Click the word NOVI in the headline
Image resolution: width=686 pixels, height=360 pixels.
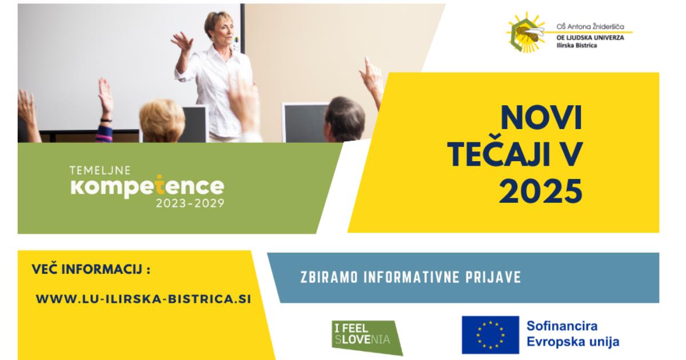(x=541, y=118)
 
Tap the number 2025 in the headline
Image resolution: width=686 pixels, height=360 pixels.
(x=541, y=191)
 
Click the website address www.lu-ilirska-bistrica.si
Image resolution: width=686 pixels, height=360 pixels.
(x=143, y=299)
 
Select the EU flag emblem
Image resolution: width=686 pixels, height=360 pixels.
(x=490, y=335)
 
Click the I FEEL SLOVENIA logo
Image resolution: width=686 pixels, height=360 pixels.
(x=367, y=337)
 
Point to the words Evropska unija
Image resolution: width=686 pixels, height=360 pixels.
(x=573, y=342)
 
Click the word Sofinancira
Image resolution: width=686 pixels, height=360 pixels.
(x=562, y=326)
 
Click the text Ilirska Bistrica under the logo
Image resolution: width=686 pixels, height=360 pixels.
(x=577, y=46)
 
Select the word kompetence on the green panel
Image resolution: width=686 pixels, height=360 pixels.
(x=147, y=186)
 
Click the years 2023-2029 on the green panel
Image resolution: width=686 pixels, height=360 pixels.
(x=190, y=203)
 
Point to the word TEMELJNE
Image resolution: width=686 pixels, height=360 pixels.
(x=100, y=170)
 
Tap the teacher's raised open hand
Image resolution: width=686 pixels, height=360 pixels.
(x=182, y=41)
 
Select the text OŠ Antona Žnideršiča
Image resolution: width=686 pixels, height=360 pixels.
(x=590, y=27)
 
